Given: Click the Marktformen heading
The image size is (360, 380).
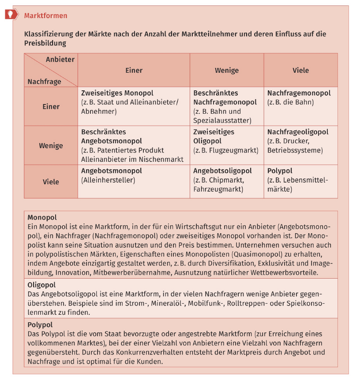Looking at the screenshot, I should pos(45,16).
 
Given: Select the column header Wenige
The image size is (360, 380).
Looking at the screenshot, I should pos(227,70).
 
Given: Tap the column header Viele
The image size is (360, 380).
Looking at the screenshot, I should pos(300,70).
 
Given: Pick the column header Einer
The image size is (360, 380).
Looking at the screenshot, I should pos(134,70).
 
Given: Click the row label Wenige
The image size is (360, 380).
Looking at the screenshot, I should pos(51,145).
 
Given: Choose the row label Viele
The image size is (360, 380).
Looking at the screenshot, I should pos(51,182).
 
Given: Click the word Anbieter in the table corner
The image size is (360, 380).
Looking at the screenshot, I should pos(60,59).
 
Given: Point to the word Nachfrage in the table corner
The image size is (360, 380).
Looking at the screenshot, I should pos(44,81).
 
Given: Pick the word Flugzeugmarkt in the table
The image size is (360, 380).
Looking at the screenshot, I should pos(236,150).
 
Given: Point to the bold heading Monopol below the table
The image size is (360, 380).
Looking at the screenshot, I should pos(42,217).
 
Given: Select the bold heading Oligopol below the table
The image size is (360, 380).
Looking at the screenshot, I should pos(41,285).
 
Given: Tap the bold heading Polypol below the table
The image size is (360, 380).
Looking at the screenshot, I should pos(40,325).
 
